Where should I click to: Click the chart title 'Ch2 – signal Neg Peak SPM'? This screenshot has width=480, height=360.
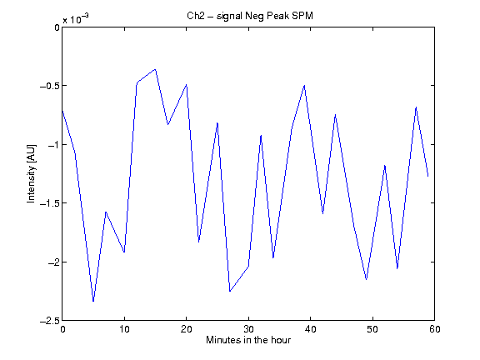[x=250, y=16]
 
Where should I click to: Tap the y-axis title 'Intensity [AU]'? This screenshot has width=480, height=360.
[x=31, y=173]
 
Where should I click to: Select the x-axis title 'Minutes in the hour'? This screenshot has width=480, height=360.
[x=248, y=340]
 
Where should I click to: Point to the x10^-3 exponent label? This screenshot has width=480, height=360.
[x=76, y=19]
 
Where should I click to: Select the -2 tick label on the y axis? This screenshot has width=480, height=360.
[x=53, y=262]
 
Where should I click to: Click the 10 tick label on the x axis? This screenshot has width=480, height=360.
[x=124, y=329]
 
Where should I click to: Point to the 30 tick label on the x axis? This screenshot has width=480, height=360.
[x=248, y=329]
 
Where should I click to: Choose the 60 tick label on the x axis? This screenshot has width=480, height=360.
[x=435, y=329]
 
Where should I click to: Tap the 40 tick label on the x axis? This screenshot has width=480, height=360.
[x=310, y=329]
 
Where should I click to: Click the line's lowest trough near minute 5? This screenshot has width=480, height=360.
[x=93, y=301]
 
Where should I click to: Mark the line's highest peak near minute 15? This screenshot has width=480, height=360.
[x=156, y=69]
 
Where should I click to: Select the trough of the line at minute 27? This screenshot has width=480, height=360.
[x=230, y=291]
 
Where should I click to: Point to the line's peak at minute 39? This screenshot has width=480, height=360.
[x=304, y=85]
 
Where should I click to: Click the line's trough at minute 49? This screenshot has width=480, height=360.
[x=367, y=279]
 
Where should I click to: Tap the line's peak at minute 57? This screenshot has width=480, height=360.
[x=416, y=107]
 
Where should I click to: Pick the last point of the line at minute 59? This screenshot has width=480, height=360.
[x=428, y=176]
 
